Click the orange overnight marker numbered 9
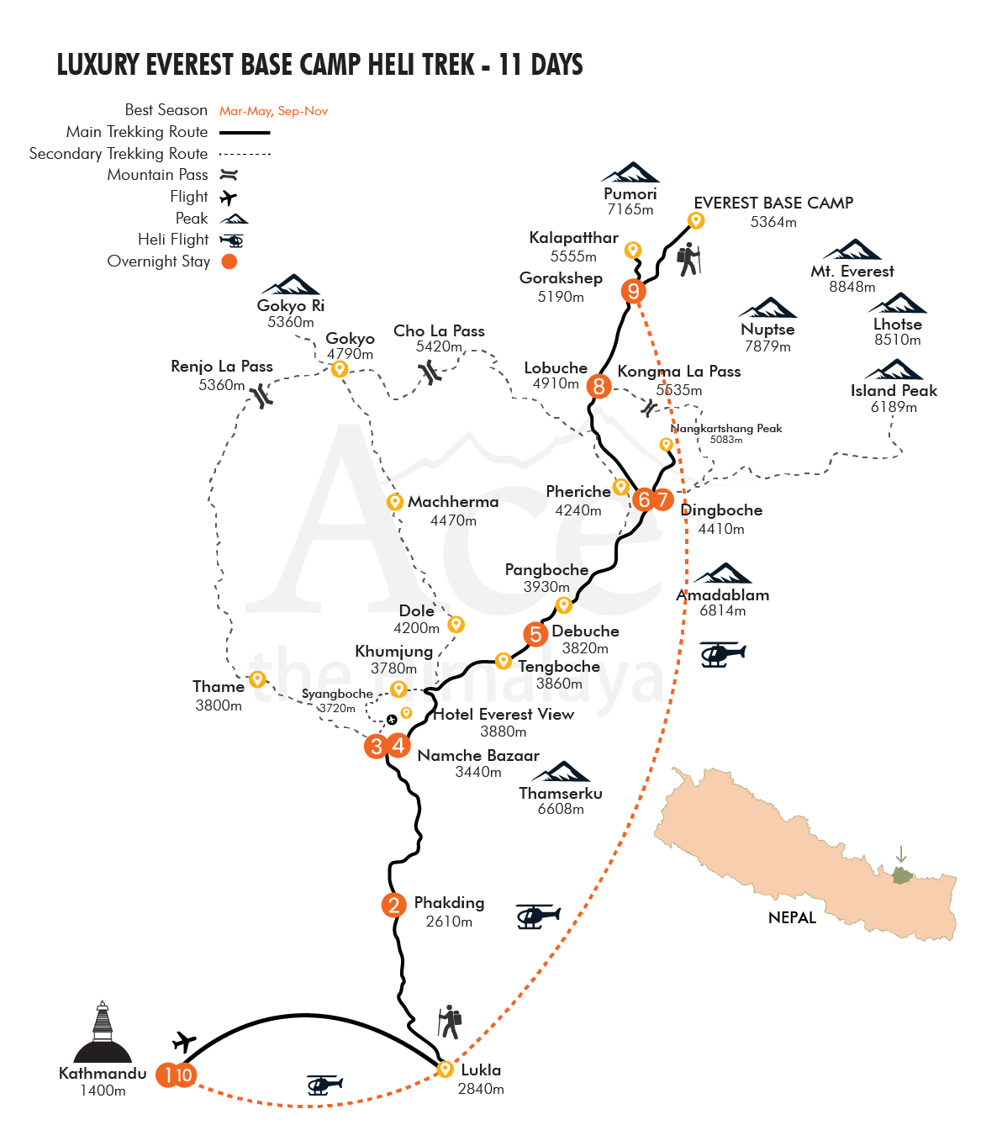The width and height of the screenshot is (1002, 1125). click(x=633, y=290)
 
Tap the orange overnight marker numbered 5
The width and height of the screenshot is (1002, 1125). click(x=535, y=634)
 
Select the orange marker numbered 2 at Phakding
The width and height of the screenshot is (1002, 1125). click(x=393, y=905)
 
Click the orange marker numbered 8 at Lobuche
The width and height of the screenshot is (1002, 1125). click(x=599, y=386)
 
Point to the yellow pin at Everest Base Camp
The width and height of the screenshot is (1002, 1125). click(x=695, y=220)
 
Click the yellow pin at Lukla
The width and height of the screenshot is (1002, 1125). click(x=445, y=1069)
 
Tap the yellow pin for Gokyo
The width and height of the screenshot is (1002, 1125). click(x=339, y=369)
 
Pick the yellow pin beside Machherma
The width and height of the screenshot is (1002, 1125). click(x=394, y=501)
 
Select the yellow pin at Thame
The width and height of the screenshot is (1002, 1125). click(x=256, y=679)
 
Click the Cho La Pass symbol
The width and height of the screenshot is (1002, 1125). click(x=430, y=372)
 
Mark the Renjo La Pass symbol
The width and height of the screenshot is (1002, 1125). click(x=261, y=395)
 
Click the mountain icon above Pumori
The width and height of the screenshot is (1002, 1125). click(x=630, y=172)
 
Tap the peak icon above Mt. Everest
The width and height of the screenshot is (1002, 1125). click(x=852, y=250)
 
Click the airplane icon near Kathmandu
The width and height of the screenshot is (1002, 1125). click(x=184, y=1042)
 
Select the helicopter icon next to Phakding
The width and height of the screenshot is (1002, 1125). click(x=537, y=916)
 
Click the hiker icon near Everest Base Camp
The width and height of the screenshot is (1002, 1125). click(x=688, y=259)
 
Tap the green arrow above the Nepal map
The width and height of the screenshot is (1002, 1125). click(x=900, y=853)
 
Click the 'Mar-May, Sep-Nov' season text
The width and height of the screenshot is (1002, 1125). click(x=273, y=111)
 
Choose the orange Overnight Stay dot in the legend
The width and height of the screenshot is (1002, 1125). click(x=229, y=261)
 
